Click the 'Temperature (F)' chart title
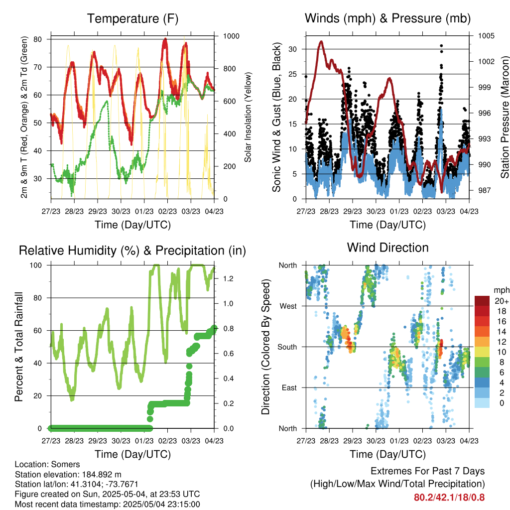tap(132, 18)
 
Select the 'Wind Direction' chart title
tap(387, 248)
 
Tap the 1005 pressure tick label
tap(486, 36)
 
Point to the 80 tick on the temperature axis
tap(37, 39)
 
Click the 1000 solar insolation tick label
tap(231, 36)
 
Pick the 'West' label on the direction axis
tap(288, 306)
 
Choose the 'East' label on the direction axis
tap(289, 387)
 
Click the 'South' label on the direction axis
tap(287, 347)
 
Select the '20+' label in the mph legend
tap(502, 301)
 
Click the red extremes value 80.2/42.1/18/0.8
tap(449, 498)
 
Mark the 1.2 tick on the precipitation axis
tap(228, 279)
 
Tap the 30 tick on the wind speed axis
tap(292, 49)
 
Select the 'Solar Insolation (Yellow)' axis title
tap(248, 117)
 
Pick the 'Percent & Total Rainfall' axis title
tap(19, 347)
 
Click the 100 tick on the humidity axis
tap(36, 265)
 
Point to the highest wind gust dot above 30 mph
tap(441, 46)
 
